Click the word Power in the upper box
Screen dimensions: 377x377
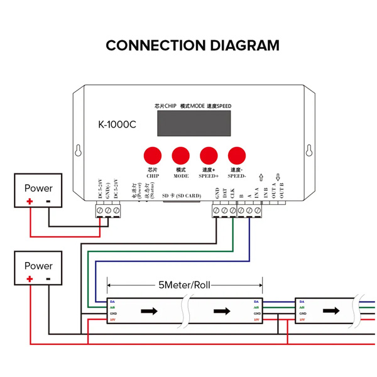coord(39,188)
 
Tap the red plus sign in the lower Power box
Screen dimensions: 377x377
coord(29,278)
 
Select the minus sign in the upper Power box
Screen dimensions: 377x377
coord(49,202)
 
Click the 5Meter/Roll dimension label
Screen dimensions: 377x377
coord(183,285)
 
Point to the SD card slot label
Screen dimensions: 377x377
coord(182,196)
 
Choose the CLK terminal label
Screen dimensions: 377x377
coord(232,194)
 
